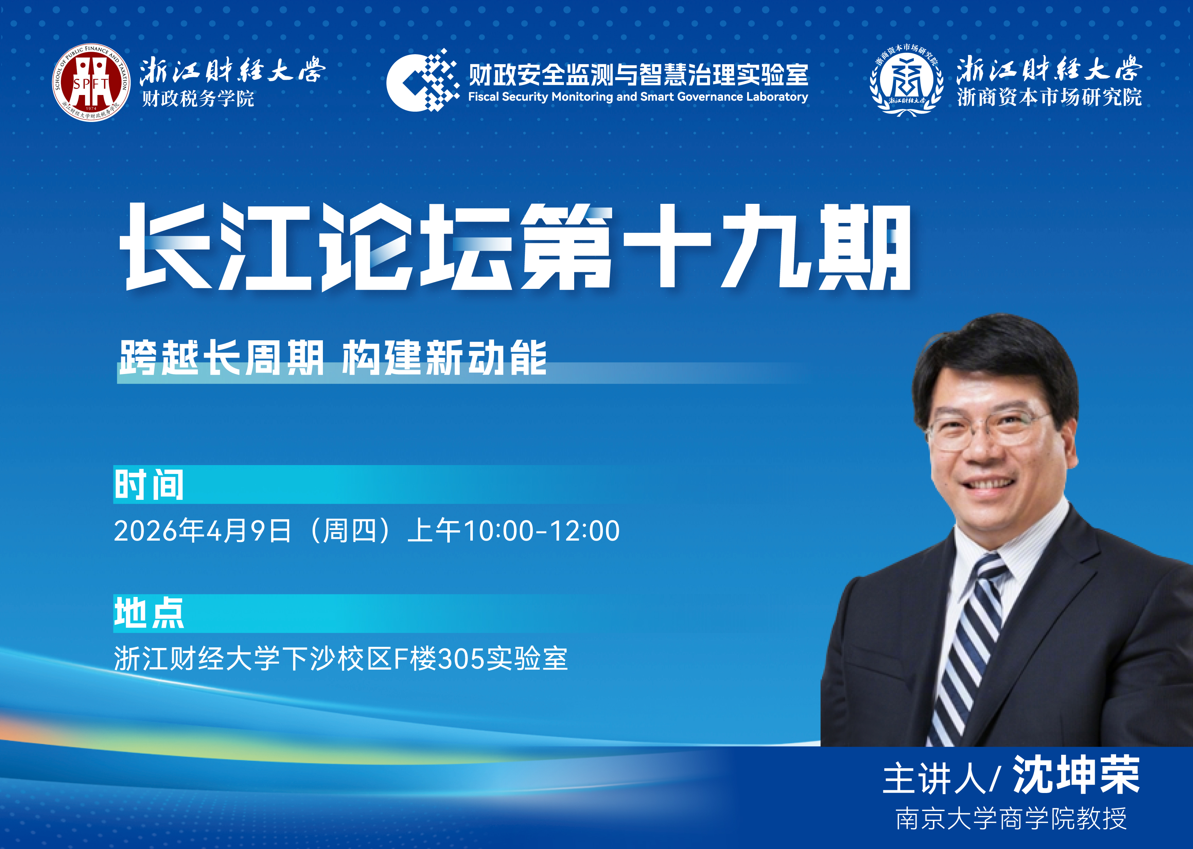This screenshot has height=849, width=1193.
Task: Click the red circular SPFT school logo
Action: click(91, 82)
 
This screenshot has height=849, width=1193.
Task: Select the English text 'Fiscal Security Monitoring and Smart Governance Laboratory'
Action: click(638, 97)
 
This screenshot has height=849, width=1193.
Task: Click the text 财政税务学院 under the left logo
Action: click(198, 98)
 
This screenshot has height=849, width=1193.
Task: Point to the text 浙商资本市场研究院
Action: click(1049, 97)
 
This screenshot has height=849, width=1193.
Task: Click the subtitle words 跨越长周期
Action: click(222, 358)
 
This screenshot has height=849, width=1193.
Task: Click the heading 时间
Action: click(149, 485)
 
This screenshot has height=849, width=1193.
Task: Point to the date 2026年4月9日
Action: click(202, 531)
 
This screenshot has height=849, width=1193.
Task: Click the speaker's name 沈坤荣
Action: click(1076, 775)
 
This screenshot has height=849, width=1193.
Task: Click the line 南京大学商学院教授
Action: click(1011, 819)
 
